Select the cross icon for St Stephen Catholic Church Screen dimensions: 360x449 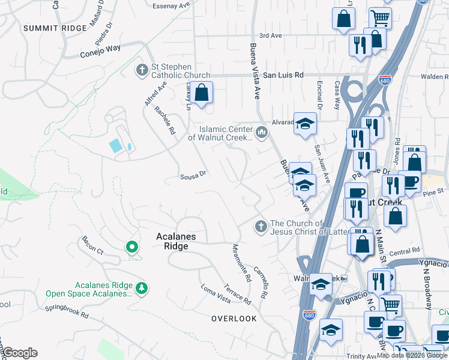[x=142, y=70]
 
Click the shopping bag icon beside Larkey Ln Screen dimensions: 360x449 [x=202, y=93]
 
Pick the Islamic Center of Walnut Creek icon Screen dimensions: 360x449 [x=261, y=132]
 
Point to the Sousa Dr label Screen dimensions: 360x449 [x=193, y=176]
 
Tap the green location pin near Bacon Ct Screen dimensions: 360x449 [x=131, y=247]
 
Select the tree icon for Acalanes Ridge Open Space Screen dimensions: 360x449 [x=142, y=289]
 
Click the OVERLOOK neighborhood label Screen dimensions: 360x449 [x=234, y=319]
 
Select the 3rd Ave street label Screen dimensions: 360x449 [x=270, y=36]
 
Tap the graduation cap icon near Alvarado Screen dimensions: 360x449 [x=305, y=124]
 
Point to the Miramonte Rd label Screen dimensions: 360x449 [x=241, y=263]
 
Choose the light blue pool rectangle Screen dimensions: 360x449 [x=115, y=145]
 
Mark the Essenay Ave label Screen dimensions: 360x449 [x=171, y=6]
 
